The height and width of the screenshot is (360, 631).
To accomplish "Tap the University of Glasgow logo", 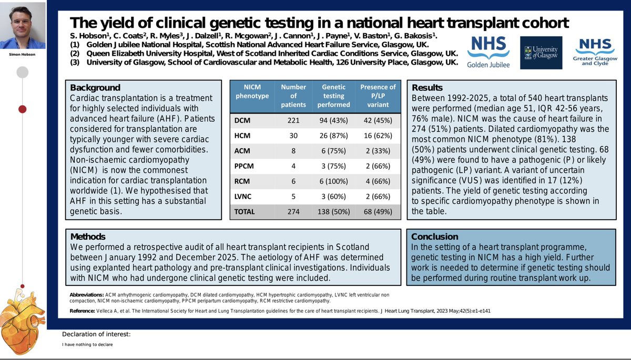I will click(x=541, y=53).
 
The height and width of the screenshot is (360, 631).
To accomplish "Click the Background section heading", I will click(x=95, y=88).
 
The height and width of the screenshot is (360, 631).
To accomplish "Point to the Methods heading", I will click(x=88, y=236).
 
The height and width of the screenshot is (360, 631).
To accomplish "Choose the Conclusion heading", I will click(x=435, y=236).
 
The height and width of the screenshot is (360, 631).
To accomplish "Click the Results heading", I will click(x=428, y=88).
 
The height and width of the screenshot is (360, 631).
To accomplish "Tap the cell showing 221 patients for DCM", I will click(x=293, y=120).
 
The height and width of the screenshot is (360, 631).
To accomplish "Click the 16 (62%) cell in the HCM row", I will click(x=378, y=135).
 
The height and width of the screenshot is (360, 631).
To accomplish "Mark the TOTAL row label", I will click(x=245, y=212).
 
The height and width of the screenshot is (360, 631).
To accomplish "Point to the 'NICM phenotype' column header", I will click(x=252, y=91).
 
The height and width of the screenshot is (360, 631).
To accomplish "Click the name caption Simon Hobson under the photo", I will click(x=23, y=54).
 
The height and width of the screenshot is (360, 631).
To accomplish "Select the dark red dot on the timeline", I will click(x=23, y=109).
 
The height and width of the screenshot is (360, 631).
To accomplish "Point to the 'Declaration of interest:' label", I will click(x=96, y=334).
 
